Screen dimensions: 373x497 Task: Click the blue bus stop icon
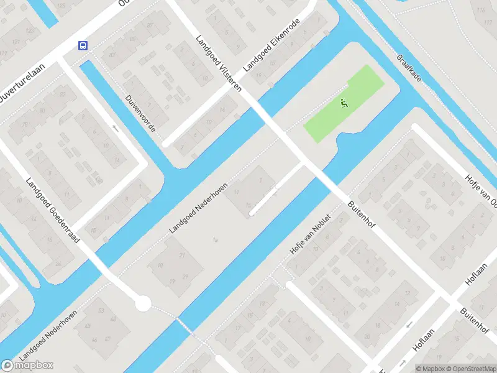click(83, 45)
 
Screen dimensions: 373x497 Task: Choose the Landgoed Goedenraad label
click(53, 211)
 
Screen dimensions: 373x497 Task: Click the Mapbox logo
click(27, 365)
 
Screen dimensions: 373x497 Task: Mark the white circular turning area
click(143, 303)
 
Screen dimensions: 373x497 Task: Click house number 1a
click(216, 239)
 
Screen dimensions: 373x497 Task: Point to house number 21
click(182, 256)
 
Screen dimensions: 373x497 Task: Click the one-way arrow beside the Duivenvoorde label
click(115, 129)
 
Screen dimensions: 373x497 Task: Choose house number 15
click(248, 205)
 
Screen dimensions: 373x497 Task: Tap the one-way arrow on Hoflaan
click(402, 362)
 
